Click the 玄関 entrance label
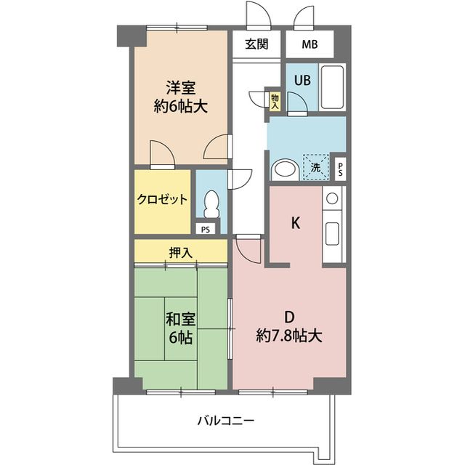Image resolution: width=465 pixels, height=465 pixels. [x=256, y=44]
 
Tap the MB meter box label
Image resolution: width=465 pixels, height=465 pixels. [x=309, y=44]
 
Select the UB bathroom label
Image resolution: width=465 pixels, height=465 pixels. [x=302, y=80]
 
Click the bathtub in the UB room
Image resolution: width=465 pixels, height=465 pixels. [x=333, y=87]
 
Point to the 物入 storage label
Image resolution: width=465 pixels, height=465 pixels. [x=275, y=101]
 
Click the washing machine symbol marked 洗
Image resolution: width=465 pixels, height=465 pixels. [x=315, y=166]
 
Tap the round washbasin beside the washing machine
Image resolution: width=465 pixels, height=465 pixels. [x=283, y=170]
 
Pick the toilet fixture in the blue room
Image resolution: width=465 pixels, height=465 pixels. [x=211, y=204]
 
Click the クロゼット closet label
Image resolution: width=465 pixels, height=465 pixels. [x=163, y=200]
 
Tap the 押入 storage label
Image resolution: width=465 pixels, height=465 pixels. [x=180, y=253]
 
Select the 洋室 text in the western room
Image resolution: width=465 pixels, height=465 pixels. [x=180, y=89]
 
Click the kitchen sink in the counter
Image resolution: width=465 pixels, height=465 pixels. [x=333, y=232]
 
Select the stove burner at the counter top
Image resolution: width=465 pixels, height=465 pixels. [x=332, y=197]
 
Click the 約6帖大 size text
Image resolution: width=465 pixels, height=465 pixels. [x=180, y=107]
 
